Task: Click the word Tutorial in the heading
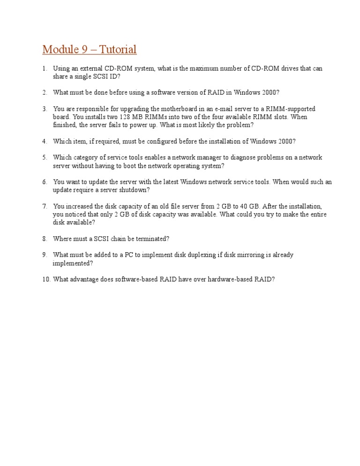point(117,49)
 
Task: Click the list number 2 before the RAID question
point(45,92)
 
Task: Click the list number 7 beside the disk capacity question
point(45,206)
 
